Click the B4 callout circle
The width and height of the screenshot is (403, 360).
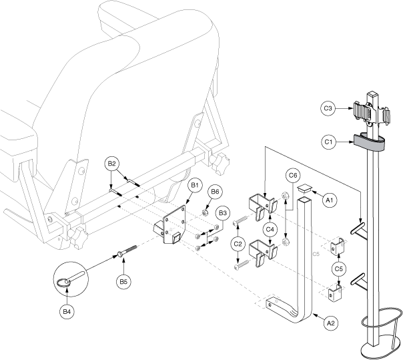[67, 312]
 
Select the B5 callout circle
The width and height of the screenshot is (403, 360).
[123, 281]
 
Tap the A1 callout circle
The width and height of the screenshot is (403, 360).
[329, 200]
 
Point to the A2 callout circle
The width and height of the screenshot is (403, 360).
[331, 323]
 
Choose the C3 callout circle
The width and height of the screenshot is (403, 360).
[328, 108]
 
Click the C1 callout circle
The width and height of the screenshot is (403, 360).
[328, 142]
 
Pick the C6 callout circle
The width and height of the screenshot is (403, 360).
[293, 175]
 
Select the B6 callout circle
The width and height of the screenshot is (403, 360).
[215, 192]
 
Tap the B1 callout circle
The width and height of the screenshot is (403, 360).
[195, 185]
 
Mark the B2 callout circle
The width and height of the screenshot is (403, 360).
[112, 164]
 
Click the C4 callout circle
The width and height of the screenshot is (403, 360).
[270, 229]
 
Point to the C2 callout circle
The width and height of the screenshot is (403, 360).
[238, 243]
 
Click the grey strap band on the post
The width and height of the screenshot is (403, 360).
[370, 142]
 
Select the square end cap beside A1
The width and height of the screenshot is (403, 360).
[304, 188]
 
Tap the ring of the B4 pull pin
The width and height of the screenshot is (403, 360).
[63, 283]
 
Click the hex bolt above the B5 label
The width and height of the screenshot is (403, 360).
[127, 250]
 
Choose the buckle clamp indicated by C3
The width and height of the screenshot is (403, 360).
[372, 114]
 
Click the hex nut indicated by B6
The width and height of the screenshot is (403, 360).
[205, 213]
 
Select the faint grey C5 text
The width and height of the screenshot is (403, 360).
[316, 254]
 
